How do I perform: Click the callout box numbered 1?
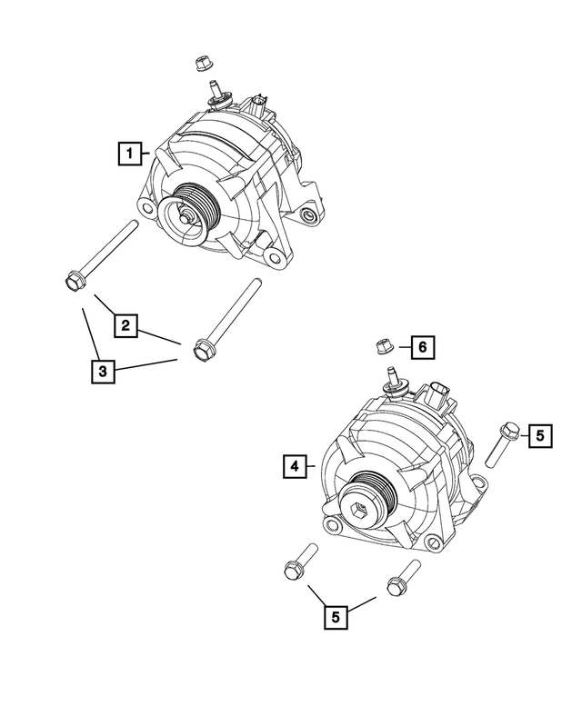tap(131, 153)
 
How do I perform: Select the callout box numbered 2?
tap(126, 324)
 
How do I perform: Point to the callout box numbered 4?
tap(293, 466)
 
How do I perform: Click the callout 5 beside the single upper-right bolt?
tap(538, 436)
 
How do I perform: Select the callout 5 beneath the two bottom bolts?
tap(336, 617)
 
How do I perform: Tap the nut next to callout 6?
tap(384, 345)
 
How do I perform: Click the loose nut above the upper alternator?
tap(202, 63)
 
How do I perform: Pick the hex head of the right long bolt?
tap(202, 350)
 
